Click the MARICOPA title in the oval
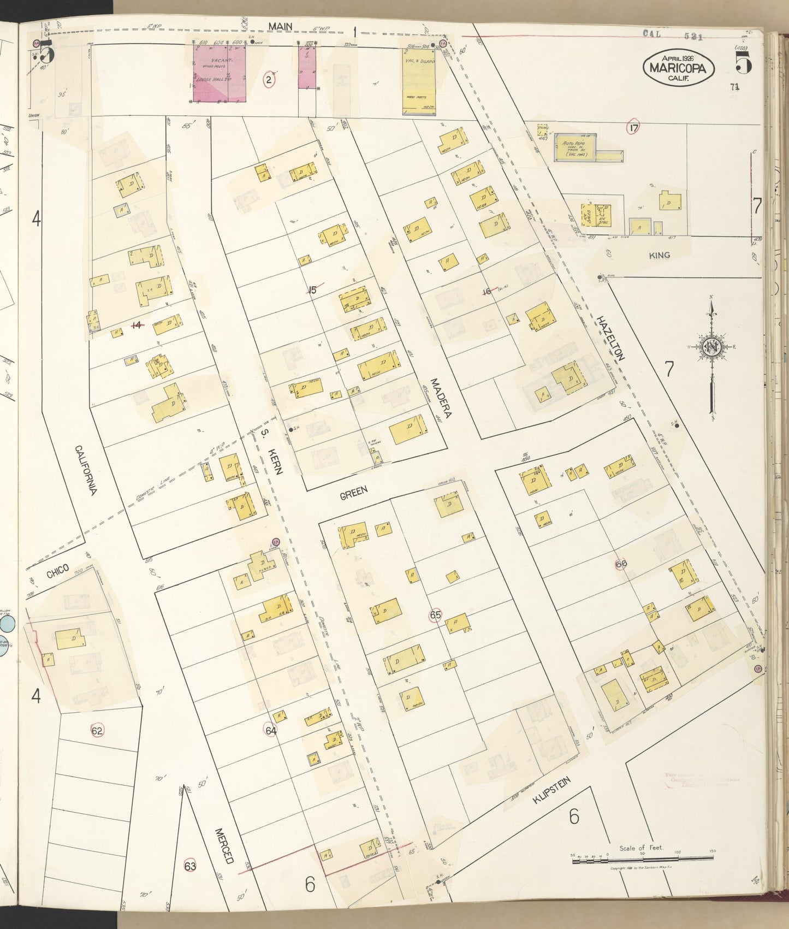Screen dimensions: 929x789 point(679,68)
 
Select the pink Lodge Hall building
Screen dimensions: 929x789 point(219,74)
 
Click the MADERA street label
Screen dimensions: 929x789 point(441,398)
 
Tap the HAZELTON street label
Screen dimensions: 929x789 point(610,338)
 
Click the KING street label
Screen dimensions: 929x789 point(660,255)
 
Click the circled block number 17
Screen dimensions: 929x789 point(633,128)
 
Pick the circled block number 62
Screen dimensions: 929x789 point(97,731)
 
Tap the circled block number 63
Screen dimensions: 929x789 point(190,866)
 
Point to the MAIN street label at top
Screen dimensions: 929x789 point(280,27)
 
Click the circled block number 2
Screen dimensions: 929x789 point(268,80)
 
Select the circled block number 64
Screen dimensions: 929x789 point(271,730)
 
